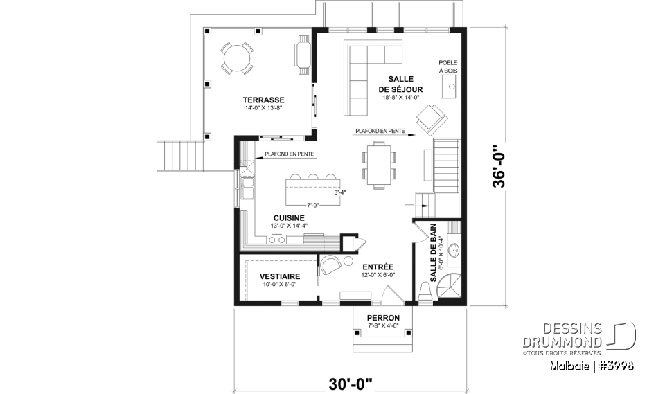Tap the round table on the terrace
coord(236,57)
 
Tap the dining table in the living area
coord(378,164)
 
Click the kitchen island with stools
coord(312,188)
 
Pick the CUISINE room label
coord(288,217)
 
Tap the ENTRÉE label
coord(378,267)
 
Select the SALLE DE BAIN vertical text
coord(433,258)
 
